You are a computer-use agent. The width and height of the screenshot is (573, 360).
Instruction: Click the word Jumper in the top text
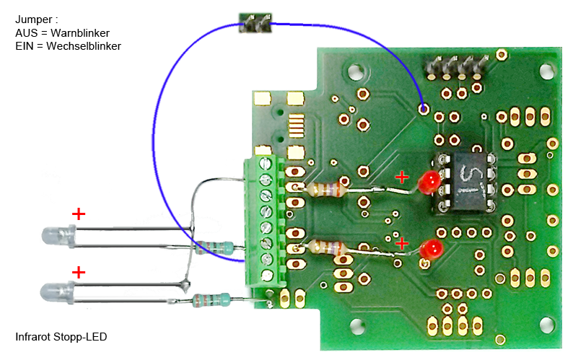click(32, 20)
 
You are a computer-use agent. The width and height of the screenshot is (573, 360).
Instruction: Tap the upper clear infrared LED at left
click(58, 235)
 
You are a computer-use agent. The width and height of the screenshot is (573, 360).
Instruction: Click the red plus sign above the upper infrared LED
click(79, 214)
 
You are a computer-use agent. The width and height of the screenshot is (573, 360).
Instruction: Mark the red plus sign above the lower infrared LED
click(79, 272)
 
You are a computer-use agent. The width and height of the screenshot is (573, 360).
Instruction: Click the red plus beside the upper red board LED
click(402, 176)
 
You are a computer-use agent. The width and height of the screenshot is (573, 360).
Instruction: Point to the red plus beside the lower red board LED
click(402, 243)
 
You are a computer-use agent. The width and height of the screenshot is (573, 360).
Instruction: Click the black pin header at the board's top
click(454, 67)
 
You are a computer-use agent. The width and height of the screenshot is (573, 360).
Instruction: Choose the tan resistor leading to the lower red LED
click(329, 249)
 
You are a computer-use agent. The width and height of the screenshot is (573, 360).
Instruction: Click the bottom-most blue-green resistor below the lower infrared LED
click(214, 299)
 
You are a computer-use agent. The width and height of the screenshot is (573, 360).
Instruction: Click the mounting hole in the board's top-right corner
click(548, 73)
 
